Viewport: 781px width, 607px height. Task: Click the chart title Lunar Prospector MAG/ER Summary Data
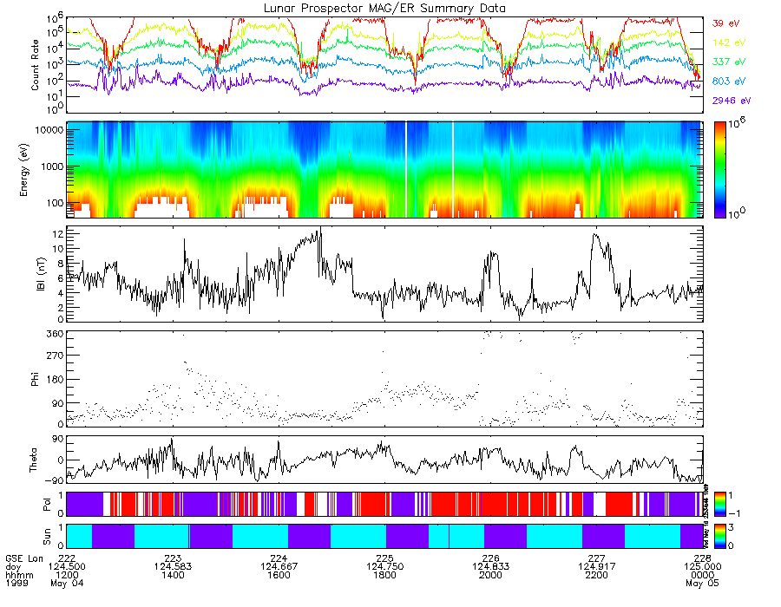pos(384,8)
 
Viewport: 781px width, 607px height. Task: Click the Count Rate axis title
pos(36,65)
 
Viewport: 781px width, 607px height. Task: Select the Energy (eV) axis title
pos(36,170)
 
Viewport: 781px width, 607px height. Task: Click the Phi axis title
pos(36,378)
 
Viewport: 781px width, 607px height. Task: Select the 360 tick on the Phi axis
pos(54,334)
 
